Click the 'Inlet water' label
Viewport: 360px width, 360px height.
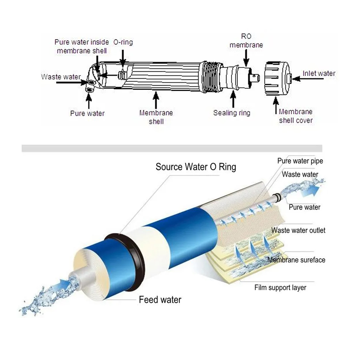319,73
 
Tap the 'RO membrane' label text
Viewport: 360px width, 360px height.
246,41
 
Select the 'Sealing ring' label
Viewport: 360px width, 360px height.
232,113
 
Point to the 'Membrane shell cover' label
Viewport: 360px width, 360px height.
295,116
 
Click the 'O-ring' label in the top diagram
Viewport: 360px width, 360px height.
123,42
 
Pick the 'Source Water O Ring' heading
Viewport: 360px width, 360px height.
196,167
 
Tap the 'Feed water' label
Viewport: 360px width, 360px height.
160,300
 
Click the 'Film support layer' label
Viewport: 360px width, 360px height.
280,287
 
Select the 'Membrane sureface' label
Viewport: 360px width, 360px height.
296,260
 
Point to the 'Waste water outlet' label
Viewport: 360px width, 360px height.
298,230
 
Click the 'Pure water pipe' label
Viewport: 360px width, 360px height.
300,161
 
